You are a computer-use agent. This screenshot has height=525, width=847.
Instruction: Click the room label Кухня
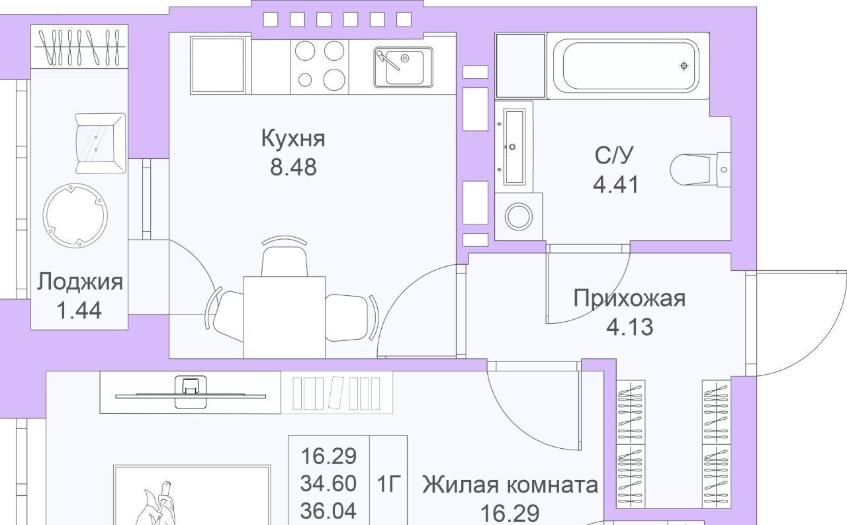click(293, 138)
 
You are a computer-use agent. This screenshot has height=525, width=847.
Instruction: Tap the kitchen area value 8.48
click(293, 167)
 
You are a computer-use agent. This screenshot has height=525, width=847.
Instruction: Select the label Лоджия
click(80, 282)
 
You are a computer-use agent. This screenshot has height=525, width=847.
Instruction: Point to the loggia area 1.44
click(79, 310)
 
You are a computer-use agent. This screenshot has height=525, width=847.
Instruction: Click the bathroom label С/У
click(614, 155)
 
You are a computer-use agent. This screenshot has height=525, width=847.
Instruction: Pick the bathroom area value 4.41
click(616, 184)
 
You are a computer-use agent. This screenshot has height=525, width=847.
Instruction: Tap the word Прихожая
click(629, 299)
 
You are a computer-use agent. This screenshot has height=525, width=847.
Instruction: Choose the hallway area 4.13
click(630, 327)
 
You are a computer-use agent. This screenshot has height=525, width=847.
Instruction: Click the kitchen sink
click(404, 68)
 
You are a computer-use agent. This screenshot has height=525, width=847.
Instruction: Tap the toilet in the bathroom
click(700, 169)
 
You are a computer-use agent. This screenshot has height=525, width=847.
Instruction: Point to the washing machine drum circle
click(519, 216)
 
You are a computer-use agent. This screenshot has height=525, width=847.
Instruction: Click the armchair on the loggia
click(100, 144)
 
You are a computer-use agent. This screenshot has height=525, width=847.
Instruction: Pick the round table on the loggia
click(75, 216)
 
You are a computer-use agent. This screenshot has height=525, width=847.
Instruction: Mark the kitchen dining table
click(285, 317)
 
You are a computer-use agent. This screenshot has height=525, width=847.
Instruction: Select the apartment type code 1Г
click(388, 483)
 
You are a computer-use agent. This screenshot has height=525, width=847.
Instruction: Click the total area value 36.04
click(328, 511)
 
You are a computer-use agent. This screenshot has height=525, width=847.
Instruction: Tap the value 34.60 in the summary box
click(328, 483)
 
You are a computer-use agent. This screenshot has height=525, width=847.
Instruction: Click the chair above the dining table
click(285, 256)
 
